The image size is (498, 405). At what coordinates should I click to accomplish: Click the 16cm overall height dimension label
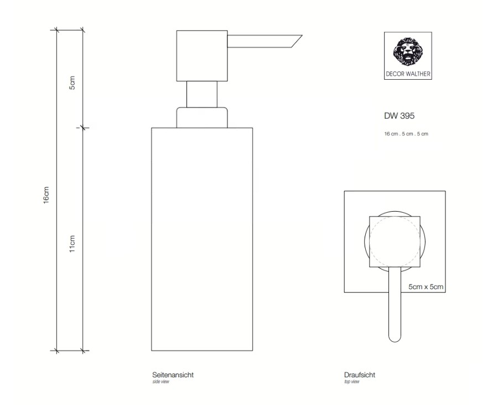coord(46,195)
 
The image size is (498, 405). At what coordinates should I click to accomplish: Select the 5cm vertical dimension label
coord(72,83)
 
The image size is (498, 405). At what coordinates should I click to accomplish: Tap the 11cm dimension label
coord(72,244)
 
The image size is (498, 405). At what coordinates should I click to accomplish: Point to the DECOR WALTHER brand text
coord(408,74)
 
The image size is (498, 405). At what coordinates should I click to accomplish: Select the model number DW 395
coord(399,116)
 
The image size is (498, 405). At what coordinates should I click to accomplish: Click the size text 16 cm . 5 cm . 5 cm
coord(406,134)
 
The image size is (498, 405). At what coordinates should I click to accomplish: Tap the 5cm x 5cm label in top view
coord(426,287)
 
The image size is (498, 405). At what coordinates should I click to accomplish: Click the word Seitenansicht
coord(173,375)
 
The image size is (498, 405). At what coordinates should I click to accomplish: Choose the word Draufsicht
coord(360,375)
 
